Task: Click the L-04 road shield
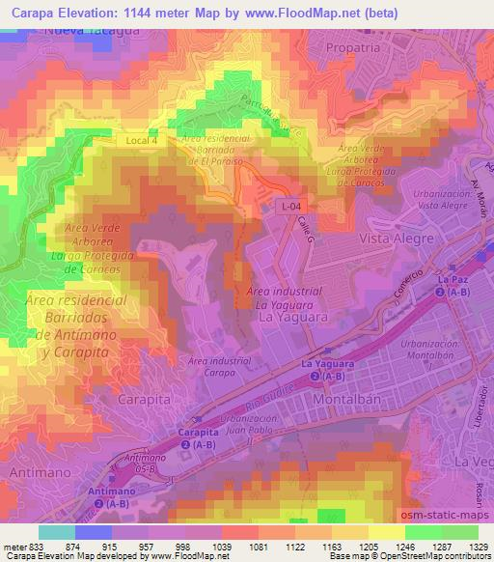tap(289, 206)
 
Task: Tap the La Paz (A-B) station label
tap(452, 285)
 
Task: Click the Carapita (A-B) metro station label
tap(198, 440)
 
